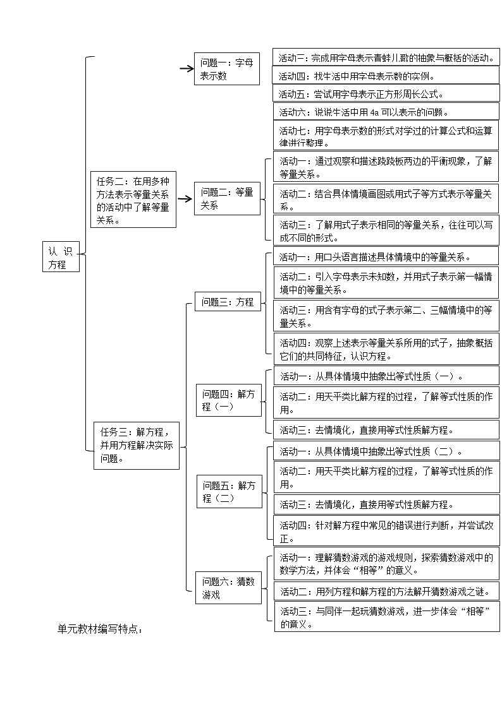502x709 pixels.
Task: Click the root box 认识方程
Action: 61,257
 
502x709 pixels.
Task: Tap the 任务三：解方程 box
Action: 136,445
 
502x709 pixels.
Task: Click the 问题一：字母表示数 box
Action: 227,69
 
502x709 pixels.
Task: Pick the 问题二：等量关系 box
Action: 227,198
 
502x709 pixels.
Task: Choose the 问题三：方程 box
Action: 227,302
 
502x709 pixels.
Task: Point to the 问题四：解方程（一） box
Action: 228,400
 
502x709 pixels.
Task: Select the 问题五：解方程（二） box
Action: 229,491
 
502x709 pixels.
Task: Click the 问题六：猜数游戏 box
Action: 228,588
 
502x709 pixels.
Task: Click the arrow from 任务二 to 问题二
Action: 184,199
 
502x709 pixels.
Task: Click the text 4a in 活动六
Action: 374,112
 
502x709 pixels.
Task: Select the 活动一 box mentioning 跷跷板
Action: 386,167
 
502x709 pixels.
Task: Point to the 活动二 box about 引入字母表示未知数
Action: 386,283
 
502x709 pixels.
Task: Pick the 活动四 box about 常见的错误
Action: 386,532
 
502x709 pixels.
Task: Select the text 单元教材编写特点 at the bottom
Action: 100,629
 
